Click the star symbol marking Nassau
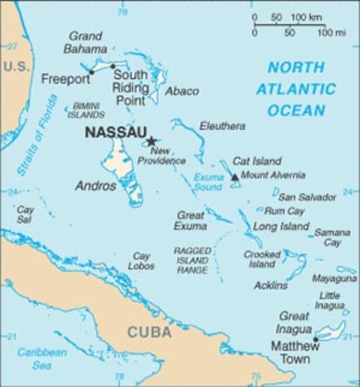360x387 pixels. point(151,141)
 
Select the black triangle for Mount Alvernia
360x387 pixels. point(234,177)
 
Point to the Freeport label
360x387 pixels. point(65,80)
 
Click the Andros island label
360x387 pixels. point(96,185)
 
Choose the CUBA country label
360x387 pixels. point(149,332)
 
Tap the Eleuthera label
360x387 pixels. point(223,126)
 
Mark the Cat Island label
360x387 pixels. point(254,161)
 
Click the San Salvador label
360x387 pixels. point(307,197)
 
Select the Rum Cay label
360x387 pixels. point(283,210)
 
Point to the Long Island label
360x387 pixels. point(281,227)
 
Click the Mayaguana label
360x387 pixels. point(335,278)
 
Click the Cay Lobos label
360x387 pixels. point(142,260)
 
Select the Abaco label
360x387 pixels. point(181,91)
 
